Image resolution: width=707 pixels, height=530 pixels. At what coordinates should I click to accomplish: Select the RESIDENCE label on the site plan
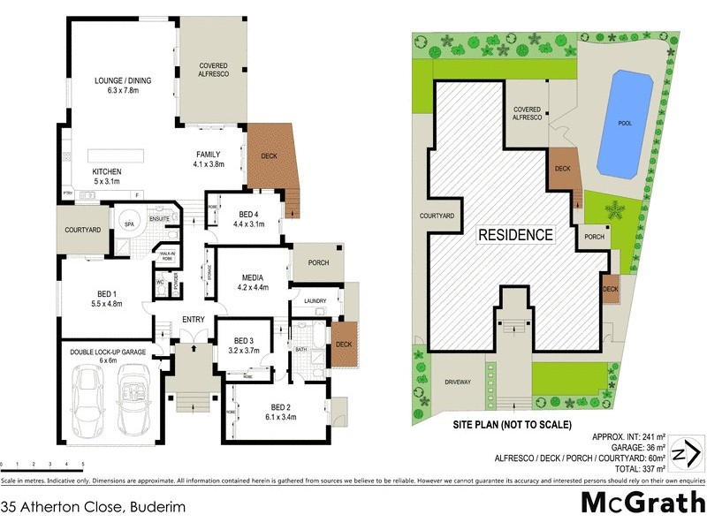coord(516,235)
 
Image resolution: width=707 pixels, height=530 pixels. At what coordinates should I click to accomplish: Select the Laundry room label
coord(314,301)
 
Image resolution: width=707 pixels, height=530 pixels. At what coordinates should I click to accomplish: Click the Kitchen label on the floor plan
coord(105,170)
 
